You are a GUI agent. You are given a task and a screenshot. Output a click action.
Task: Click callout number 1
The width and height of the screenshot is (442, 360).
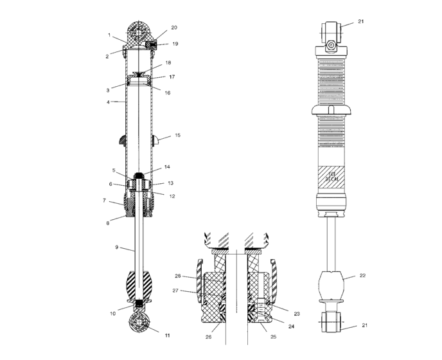point(110,35)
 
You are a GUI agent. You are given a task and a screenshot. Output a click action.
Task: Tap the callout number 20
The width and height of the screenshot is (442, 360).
point(174,28)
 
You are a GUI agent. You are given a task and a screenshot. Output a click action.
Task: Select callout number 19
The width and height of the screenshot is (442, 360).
point(175,44)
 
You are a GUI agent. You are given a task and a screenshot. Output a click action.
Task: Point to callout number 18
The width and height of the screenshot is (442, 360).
point(168,63)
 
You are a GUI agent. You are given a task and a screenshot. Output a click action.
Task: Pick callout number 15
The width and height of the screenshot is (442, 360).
point(178,136)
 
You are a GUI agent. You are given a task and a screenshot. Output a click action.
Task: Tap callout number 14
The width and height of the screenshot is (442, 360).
point(166,167)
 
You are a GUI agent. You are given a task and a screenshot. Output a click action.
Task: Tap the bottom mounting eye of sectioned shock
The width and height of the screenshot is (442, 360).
point(139,323)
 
